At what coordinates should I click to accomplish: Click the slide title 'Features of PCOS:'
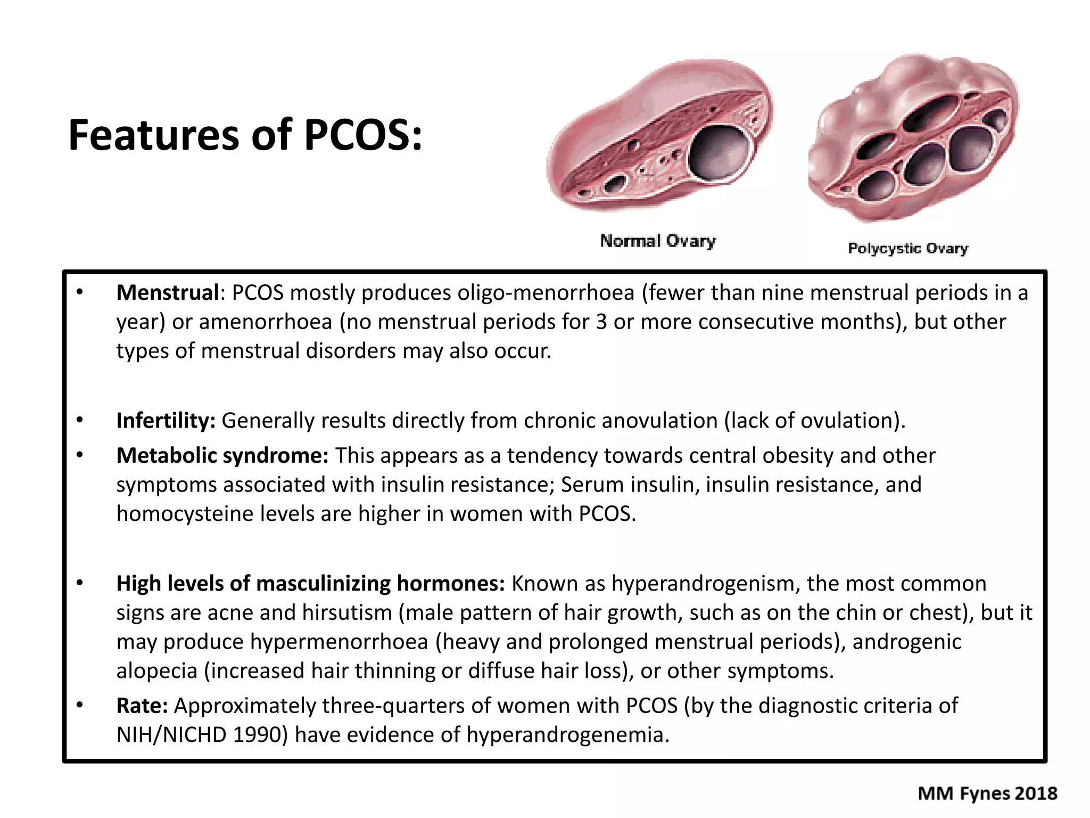pyautogui.click(x=245, y=135)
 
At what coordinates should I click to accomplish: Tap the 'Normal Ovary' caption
pyautogui.click(x=658, y=241)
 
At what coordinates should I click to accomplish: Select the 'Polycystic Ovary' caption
pyautogui.click(x=907, y=248)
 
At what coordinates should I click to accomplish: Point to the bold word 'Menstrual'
pyautogui.click(x=168, y=293)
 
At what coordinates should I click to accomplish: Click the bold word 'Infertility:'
pyautogui.click(x=166, y=421)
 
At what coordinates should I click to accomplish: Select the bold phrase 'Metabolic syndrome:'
pyautogui.click(x=222, y=456)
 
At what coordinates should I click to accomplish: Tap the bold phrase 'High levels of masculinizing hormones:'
pyautogui.click(x=310, y=584)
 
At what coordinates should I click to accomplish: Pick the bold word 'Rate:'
pyautogui.click(x=142, y=706)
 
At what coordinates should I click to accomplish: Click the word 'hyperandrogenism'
pyautogui.click(x=705, y=584)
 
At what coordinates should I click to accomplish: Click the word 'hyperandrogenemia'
pyautogui.click(x=567, y=735)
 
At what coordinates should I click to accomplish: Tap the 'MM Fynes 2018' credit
pyautogui.click(x=987, y=794)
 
